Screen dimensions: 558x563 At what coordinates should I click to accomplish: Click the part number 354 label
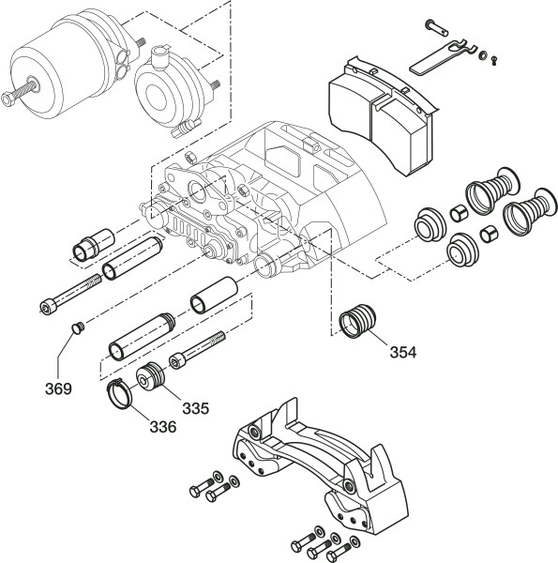[x=403, y=352]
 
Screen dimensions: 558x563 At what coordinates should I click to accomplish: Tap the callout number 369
[x=58, y=388]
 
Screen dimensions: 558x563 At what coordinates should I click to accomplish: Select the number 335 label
[x=196, y=408]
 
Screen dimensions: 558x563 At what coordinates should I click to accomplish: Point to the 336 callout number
[x=163, y=427]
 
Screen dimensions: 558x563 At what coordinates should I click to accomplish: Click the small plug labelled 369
[x=78, y=327]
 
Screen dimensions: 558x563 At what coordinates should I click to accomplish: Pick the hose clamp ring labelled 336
[x=119, y=394]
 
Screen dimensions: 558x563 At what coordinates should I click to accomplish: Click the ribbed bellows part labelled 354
[x=357, y=321]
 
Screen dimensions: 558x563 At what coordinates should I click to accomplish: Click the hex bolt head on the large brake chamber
[x=8, y=99]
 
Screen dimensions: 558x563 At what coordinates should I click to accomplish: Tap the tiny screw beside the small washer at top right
[x=494, y=60]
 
